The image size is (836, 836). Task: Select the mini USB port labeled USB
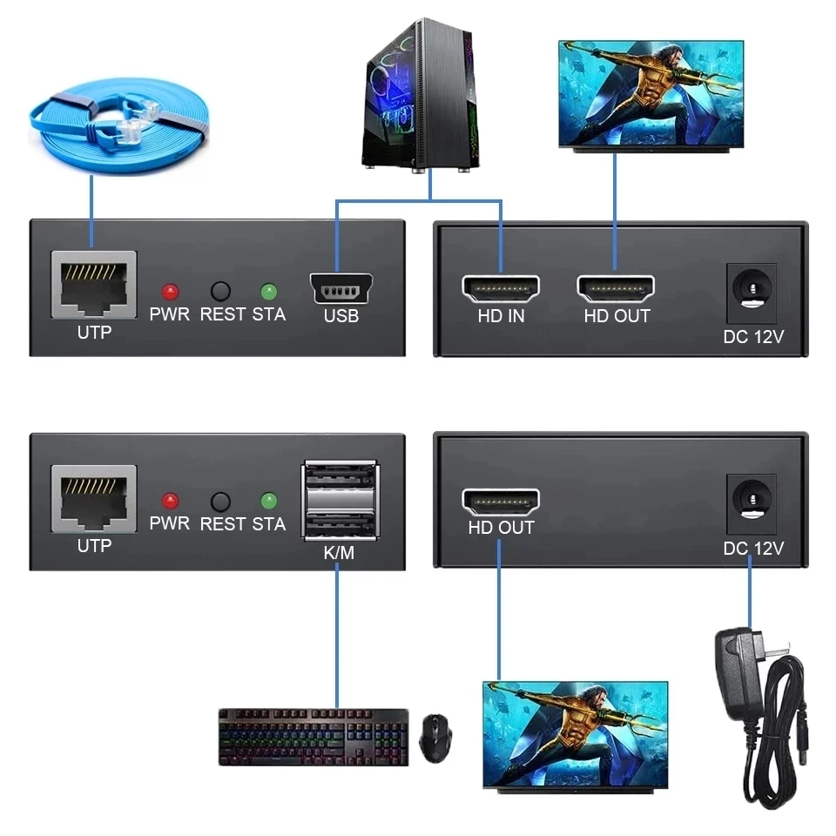340,289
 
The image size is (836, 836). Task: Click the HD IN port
500,288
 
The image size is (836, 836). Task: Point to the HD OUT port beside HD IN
616,288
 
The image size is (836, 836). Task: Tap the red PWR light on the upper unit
170,291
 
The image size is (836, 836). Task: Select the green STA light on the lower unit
268,501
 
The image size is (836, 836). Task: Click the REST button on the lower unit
221,502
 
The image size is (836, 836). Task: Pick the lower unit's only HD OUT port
500,501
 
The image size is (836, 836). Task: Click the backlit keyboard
313,736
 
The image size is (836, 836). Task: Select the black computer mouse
435,738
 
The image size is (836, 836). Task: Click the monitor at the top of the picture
651,96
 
